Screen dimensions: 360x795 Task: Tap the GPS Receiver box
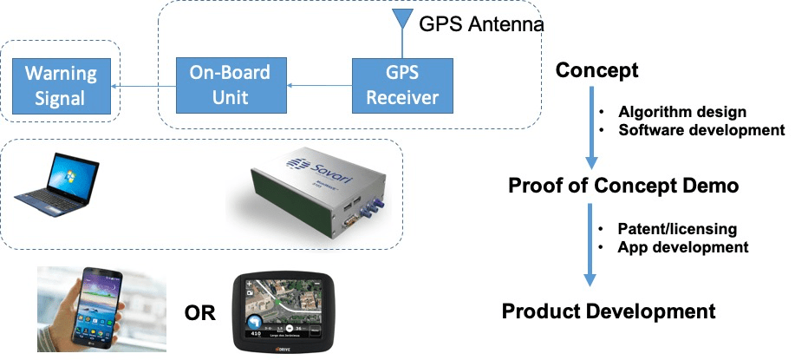(401, 85)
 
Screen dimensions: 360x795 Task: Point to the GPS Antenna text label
(481, 24)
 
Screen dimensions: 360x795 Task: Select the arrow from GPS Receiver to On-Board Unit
(320, 85)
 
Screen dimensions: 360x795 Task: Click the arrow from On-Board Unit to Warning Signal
(147, 85)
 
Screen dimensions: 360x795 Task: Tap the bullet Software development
(701, 130)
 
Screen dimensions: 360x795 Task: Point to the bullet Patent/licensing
(677, 229)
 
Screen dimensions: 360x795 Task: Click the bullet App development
(682, 247)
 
